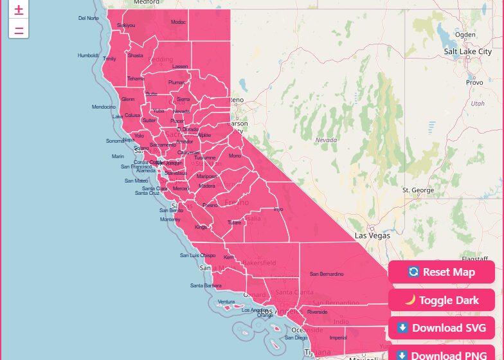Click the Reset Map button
coord(441,272)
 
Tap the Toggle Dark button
coord(441,300)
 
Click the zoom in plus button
coord(19,10)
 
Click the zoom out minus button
coord(19,29)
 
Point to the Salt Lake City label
coord(467,51)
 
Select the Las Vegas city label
coord(372,235)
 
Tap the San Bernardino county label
coord(327,274)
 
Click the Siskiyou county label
coord(126,25)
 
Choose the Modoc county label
coord(178,22)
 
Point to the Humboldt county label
coord(88,55)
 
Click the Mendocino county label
coord(104,107)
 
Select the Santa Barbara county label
coord(206,285)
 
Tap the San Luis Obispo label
coord(197,255)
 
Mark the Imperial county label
coord(337,337)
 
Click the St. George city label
coord(418,190)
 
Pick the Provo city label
coord(474,82)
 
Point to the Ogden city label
coord(465,35)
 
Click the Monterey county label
coord(170,219)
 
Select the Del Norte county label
coord(89,18)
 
